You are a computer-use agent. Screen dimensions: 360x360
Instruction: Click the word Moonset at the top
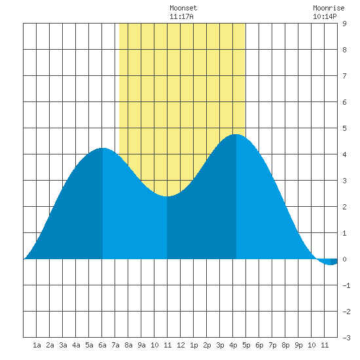point(183,8)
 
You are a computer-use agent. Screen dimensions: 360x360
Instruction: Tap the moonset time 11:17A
point(181,16)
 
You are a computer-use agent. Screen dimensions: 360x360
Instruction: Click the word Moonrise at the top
point(329,8)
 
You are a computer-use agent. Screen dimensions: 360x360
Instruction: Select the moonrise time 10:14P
point(325,16)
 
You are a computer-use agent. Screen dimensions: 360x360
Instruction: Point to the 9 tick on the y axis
point(344,24)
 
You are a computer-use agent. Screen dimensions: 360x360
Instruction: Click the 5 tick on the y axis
point(344,128)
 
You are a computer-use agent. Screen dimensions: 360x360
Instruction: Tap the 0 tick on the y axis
point(344,259)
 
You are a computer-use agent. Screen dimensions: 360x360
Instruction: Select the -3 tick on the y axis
point(346,338)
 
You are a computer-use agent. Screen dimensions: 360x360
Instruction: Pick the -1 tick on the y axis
point(346,285)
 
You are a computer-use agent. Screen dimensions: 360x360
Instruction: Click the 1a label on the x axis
point(37,345)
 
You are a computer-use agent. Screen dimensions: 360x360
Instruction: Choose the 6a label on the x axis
point(102,345)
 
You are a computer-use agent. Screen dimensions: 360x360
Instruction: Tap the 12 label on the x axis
point(181,345)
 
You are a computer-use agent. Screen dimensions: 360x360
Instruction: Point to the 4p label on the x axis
point(233,345)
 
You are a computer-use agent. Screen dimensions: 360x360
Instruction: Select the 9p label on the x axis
point(298,345)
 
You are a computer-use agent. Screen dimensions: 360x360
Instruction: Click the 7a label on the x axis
point(115,345)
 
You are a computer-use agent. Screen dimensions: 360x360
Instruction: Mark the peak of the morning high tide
point(103,148)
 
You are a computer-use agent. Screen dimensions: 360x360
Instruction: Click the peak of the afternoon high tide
point(236,134)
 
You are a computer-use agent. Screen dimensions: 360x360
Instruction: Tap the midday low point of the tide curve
point(167,196)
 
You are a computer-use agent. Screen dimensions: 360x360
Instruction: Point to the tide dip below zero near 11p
point(331,264)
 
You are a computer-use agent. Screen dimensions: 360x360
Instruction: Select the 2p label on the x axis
point(207,345)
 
